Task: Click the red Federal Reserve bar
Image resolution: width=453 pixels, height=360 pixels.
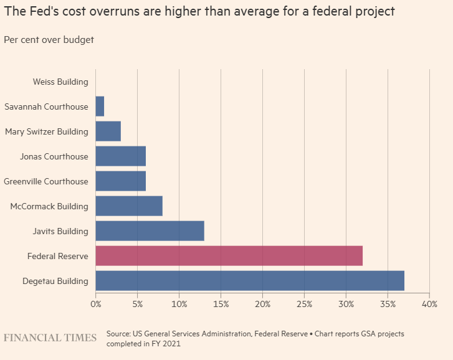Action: click(229, 256)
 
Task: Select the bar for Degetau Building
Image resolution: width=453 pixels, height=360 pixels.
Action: click(250, 281)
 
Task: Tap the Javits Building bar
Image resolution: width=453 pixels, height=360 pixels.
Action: click(150, 231)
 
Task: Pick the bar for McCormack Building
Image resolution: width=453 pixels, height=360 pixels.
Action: click(129, 206)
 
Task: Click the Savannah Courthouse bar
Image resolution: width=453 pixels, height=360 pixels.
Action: click(100, 107)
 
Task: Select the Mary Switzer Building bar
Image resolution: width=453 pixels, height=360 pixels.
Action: click(108, 131)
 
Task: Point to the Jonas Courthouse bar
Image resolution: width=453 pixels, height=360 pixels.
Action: click(120, 156)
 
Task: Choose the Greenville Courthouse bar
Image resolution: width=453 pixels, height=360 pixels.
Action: click(120, 181)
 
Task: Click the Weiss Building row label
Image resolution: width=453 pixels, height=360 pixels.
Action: click(60, 82)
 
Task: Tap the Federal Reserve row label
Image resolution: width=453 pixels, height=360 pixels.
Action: click(57, 256)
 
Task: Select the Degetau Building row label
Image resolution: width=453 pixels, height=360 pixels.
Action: click(55, 281)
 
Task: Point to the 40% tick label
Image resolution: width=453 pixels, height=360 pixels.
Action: click(429, 304)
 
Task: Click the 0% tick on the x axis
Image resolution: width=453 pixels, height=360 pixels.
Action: click(95, 304)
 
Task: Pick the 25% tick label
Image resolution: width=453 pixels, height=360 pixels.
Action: click(304, 304)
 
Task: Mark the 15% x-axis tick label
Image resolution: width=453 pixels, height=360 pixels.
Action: click(221, 304)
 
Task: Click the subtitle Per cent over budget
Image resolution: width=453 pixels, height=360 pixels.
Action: click(49, 40)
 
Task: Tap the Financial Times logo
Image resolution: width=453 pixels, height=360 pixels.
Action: click(50, 338)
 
